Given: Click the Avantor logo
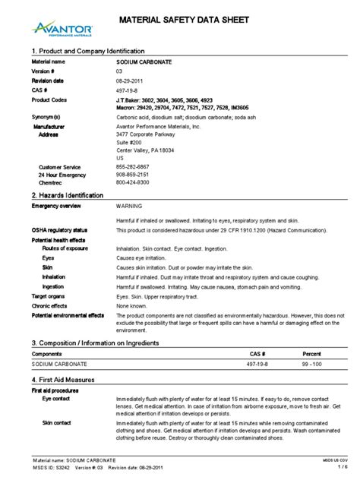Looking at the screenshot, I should click(64, 28).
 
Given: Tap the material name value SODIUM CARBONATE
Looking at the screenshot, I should click(143, 60).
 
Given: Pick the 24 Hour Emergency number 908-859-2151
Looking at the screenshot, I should click(132, 175).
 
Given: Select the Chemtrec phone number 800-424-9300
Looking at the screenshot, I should click(132, 183).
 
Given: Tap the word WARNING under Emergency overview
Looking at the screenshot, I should click(129, 206).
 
